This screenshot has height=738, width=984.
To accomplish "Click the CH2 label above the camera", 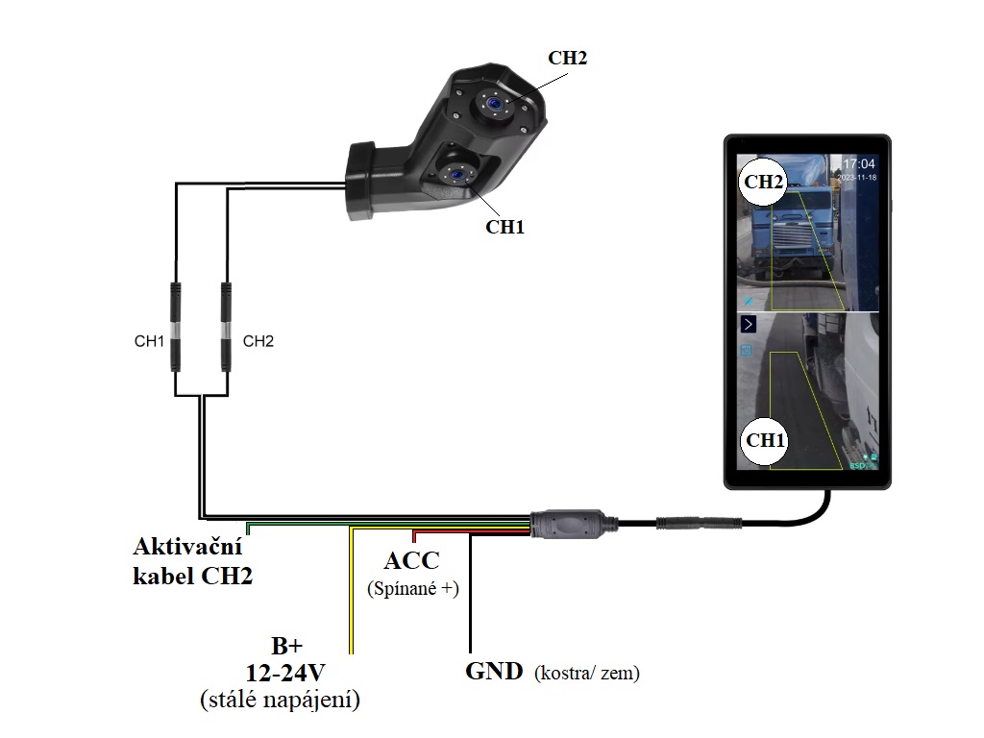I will click(567, 58).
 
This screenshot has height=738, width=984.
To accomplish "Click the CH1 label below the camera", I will click(504, 227).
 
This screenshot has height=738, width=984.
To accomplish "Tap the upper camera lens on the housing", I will click(493, 103).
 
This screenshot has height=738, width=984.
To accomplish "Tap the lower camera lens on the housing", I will click(451, 172).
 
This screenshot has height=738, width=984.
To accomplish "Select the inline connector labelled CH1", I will click(176, 327).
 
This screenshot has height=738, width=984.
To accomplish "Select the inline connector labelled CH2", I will click(228, 327).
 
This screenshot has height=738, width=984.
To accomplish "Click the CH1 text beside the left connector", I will click(149, 341).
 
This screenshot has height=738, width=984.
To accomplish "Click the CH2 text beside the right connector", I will click(258, 341).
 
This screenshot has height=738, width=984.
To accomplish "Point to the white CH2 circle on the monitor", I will click(764, 182).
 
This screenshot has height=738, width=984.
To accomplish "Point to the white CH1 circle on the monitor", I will click(766, 441).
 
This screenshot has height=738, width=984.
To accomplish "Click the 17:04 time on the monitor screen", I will click(859, 164).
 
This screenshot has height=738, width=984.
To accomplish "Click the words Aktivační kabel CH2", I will click(193, 562).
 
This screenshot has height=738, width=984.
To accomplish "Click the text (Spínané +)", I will click(413, 589).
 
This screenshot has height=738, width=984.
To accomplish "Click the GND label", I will click(494, 672).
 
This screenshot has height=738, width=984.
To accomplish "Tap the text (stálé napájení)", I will click(280, 701).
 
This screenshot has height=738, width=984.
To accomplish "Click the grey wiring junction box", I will click(569, 524).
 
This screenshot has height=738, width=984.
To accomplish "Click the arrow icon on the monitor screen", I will click(749, 325).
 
